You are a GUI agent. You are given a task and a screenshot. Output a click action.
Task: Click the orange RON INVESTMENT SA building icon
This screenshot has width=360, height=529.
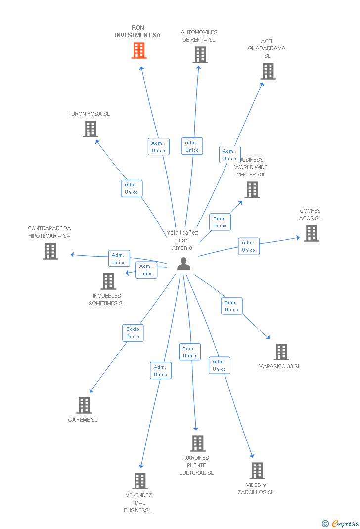tap(139, 50)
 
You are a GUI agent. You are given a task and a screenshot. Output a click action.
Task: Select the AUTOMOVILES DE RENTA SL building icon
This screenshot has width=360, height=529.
tap(200, 55)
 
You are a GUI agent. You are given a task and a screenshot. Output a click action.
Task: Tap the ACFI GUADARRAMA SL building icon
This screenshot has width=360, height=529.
tap(268, 71)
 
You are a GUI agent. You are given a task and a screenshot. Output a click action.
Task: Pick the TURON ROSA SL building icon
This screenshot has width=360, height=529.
tap(90, 129)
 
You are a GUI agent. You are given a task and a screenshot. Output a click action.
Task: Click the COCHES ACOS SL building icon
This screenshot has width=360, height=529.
tap(311, 233)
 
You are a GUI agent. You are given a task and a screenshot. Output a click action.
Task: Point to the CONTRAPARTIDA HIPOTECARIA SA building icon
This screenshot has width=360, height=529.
tap(50, 251)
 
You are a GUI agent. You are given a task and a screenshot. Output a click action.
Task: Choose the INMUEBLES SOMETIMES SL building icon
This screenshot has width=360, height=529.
tap(108, 281)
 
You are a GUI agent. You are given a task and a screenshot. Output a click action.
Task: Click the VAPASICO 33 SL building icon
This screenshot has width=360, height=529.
tap(281, 352)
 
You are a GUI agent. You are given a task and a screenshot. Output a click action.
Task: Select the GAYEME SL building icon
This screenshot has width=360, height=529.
tap(84, 405)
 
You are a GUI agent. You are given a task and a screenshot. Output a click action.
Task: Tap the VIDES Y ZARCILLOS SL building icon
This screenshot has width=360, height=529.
tap(257, 471)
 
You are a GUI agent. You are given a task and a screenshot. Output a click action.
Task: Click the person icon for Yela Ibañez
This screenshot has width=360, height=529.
tap(183, 264)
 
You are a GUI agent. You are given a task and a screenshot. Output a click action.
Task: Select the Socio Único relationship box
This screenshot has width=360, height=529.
tap(133, 333)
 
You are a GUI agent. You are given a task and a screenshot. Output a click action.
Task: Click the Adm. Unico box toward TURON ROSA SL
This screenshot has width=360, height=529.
tap(132, 188)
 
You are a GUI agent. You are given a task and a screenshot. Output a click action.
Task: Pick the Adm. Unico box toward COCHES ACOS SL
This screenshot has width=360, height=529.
tap(249, 246)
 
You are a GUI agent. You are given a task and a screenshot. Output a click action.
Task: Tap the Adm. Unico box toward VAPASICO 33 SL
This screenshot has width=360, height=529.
tap(231, 306)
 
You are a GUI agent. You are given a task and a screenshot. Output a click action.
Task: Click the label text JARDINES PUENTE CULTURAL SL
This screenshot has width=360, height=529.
tap(196, 465)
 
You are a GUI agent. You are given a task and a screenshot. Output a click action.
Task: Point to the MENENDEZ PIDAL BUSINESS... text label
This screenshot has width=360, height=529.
tap(138, 503)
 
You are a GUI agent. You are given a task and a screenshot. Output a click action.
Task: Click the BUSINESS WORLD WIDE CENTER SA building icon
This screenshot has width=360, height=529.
tap(252, 190)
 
